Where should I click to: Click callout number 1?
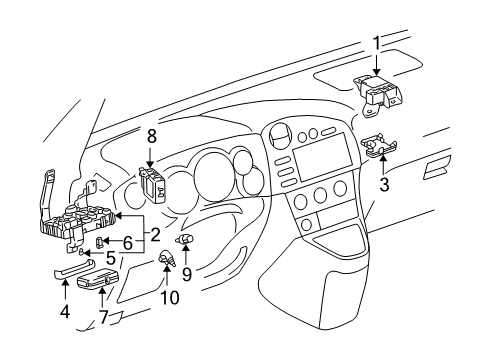point(376,44)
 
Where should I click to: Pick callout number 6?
point(128,243)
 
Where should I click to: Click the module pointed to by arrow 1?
point(382,92)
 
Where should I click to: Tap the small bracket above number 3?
point(376,148)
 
